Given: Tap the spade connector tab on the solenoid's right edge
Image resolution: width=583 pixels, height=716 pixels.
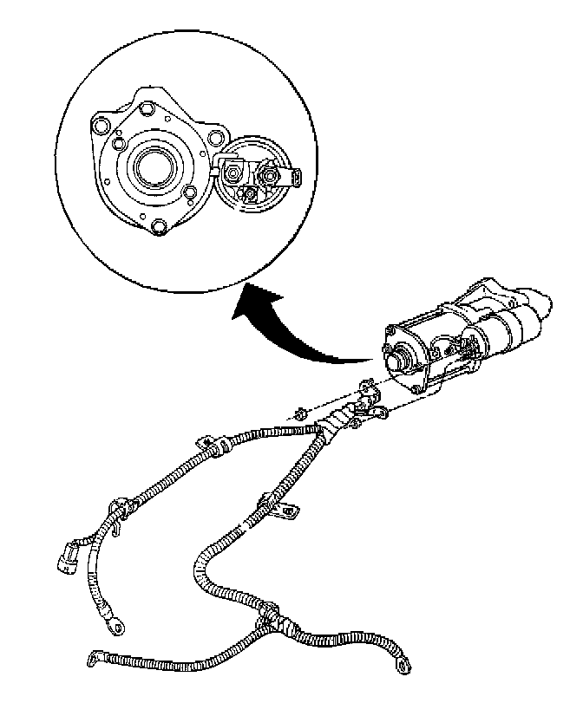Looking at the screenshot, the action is click(x=296, y=177).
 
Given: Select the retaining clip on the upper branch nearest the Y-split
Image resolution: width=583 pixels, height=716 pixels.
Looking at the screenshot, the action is click(x=213, y=446).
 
